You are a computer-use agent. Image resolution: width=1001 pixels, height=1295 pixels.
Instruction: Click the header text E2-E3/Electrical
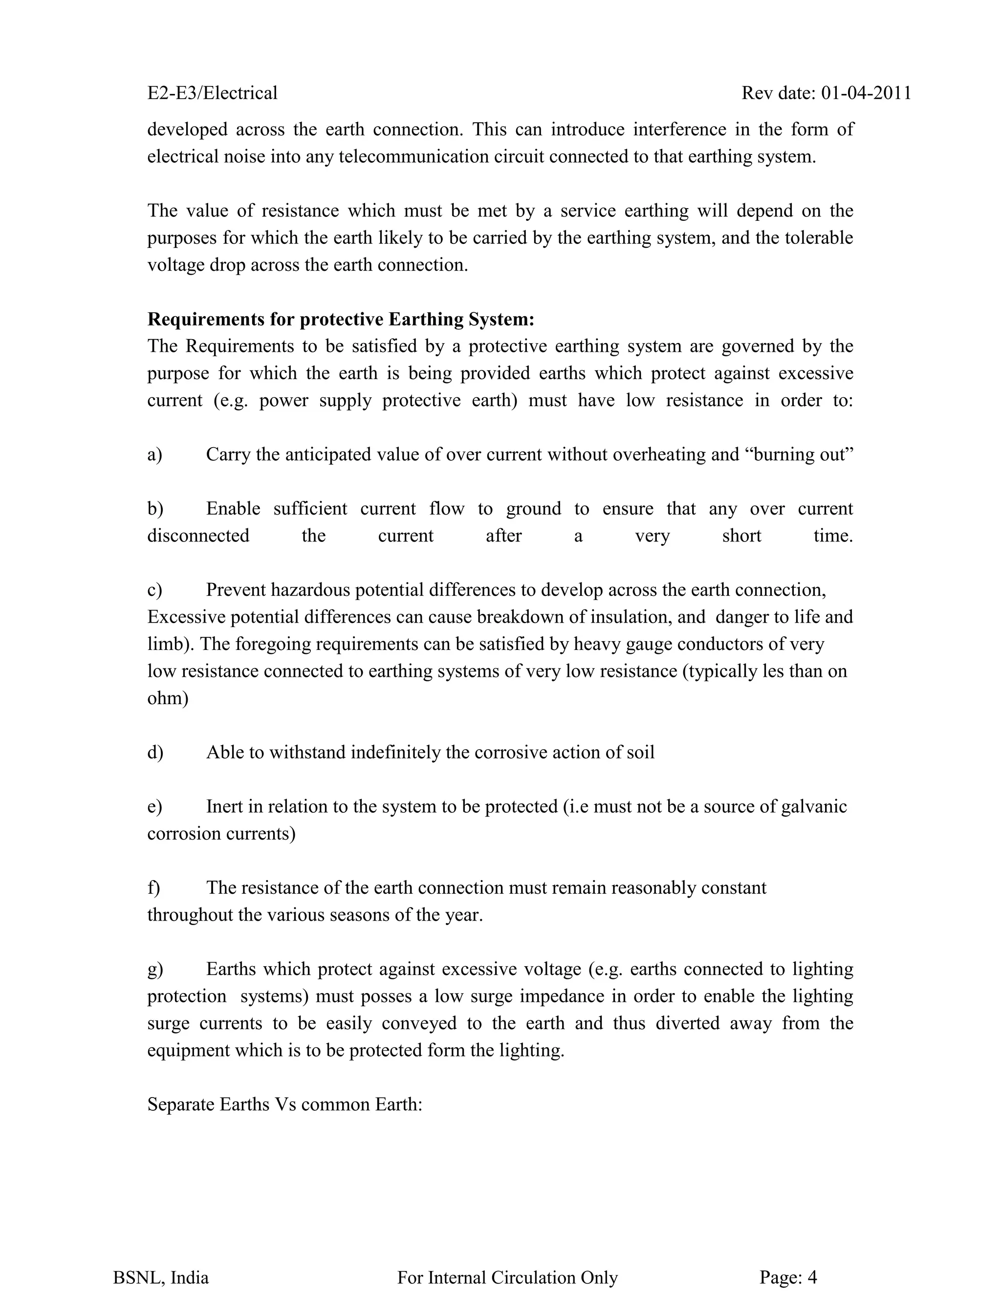tap(212, 93)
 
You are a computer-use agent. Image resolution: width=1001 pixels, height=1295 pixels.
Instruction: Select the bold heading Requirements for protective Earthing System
tap(340, 320)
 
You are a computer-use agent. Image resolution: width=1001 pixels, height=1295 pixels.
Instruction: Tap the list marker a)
tap(155, 455)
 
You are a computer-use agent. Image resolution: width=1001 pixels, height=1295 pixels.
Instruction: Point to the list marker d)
tap(155, 753)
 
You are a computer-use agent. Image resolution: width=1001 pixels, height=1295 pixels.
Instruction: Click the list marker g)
tap(155, 969)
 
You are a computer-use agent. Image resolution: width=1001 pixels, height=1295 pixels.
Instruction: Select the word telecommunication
tap(412, 156)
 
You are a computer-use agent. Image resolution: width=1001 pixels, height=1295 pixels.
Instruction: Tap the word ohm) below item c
tap(168, 698)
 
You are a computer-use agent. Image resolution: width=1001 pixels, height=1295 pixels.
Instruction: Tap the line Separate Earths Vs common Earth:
tap(284, 1105)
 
